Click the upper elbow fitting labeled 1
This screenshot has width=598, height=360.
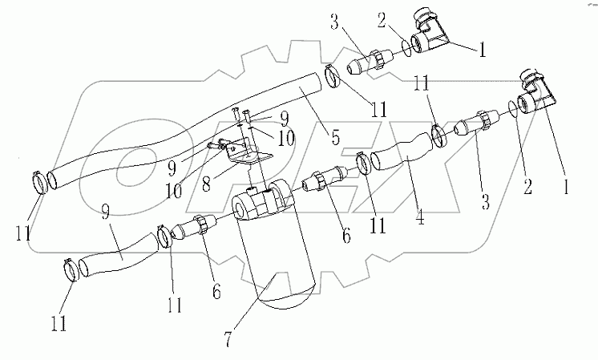coord(429,34)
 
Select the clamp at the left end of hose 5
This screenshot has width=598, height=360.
coord(37,180)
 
